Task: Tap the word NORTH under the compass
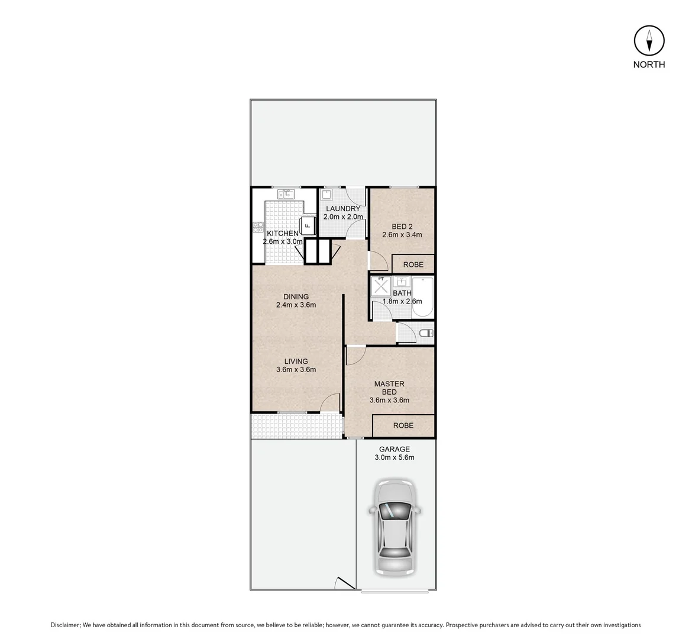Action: point(649,65)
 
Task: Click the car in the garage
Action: point(394,527)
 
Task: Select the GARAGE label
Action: point(394,449)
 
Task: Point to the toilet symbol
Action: point(425,334)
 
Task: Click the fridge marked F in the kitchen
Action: point(308,225)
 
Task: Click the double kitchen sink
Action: point(287,193)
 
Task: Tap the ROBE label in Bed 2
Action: point(413,264)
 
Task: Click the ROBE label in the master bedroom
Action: point(403,425)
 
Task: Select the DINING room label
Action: point(296,297)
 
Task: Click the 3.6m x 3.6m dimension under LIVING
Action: point(296,370)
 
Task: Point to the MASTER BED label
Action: point(389,388)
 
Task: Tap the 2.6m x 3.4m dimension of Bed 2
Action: point(402,235)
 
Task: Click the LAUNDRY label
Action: point(342,209)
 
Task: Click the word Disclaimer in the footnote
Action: point(65,625)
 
